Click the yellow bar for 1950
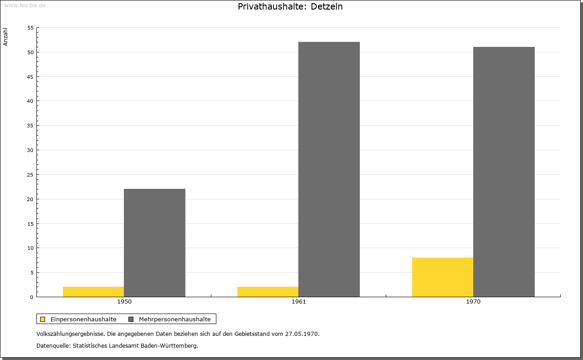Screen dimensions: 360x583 [93, 292]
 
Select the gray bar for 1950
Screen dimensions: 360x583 [154, 243]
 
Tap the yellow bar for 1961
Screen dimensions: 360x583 [268, 292]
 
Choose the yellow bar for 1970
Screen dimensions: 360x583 [443, 277]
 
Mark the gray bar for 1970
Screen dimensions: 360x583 [504, 172]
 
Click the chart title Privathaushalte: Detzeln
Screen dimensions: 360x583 [290, 7]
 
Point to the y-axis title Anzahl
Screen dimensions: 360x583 [6, 37]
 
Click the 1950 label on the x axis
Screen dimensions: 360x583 [124, 302]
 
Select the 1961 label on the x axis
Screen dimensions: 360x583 [299, 302]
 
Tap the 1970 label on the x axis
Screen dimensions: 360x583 [473, 302]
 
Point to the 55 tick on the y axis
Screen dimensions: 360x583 [31, 28]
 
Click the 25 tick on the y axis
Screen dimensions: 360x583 [31, 175]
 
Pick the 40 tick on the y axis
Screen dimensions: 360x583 [31, 101]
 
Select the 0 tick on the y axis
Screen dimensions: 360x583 [32, 297]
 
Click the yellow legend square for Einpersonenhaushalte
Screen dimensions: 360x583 [43, 319]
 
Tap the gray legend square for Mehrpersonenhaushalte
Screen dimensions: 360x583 [131, 319]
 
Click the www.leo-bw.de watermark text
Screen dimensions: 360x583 [25, 5]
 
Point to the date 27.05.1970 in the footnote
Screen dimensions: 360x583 [302, 334]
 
